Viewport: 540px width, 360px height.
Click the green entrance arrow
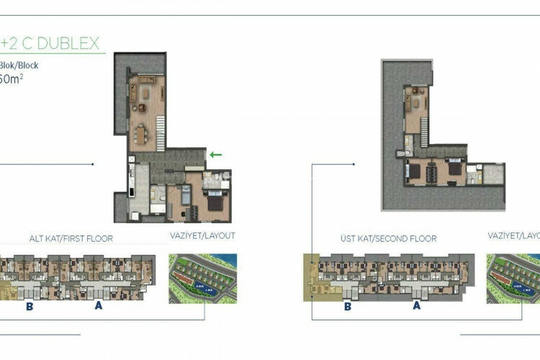[215, 153]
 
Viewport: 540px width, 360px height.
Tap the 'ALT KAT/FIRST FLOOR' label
[71, 237]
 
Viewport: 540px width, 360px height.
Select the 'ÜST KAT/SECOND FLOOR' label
[388, 238]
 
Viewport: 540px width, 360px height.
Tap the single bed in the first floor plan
[184, 196]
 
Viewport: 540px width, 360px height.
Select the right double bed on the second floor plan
[454, 171]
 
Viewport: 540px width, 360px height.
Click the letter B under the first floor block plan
[31, 305]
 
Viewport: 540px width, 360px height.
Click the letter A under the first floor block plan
[98, 305]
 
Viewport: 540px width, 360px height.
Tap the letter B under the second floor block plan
[347, 305]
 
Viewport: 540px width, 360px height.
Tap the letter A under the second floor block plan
[415, 305]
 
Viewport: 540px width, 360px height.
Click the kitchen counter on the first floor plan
[132, 184]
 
